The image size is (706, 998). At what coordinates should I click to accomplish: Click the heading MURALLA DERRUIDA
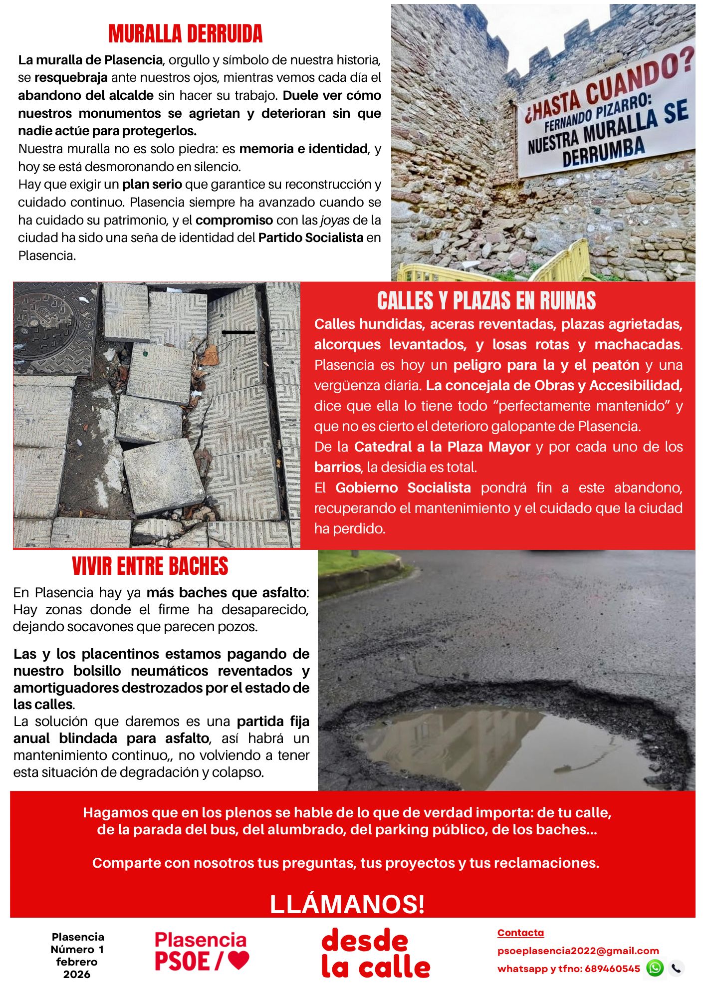(x=185, y=34)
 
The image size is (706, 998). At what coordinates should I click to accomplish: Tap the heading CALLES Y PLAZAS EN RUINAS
(x=486, y=301)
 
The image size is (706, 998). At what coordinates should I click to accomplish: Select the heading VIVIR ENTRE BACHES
(x=150, y=566)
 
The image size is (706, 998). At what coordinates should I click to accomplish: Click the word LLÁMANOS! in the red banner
(x=347, y=904)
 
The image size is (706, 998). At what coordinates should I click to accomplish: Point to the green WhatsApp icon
(x=655, y=968)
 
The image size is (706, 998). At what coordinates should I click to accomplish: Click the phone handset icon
(x=676, y=968)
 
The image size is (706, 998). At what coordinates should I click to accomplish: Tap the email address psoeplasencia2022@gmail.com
(x=578, y=951)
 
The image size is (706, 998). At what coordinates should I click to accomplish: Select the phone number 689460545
(x=612, y=969)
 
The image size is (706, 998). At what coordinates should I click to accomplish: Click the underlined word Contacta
(x=520, y=933)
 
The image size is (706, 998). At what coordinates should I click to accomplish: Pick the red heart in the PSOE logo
(x=238, y=960)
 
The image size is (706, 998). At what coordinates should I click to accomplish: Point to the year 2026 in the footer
(x=77, y=974)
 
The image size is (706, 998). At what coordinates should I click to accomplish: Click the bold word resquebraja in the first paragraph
(x=71, y=78)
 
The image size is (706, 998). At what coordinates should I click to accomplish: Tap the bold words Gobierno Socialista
(x=403, y=488)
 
